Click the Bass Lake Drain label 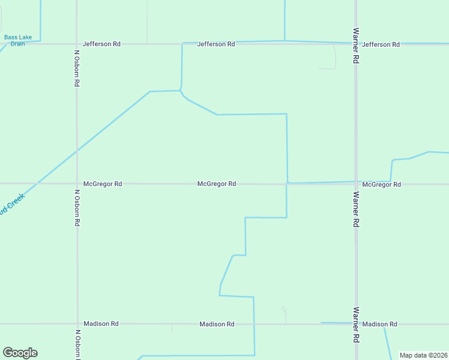(18, 40)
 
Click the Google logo (20, 353)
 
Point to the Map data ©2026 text (423, 355)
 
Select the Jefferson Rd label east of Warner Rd (381, 44)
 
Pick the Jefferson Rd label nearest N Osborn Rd (101, 44)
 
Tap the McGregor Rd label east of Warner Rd (382, 184)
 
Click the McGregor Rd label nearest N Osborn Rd (103, 184)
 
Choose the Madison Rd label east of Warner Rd (380, 324)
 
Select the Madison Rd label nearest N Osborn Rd (101, 323)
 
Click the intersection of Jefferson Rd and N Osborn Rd (77, 44)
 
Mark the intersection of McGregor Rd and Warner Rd (356, 184)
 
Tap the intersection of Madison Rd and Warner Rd (356, 324)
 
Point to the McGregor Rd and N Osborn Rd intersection (77, 184)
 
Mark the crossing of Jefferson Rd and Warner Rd (356, 44)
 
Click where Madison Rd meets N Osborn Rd (77, 324)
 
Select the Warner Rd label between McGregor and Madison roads (356, 209)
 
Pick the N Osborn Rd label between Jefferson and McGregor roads (77, 68)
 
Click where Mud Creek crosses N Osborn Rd (77, 151)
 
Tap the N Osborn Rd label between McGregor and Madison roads (77, 208)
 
